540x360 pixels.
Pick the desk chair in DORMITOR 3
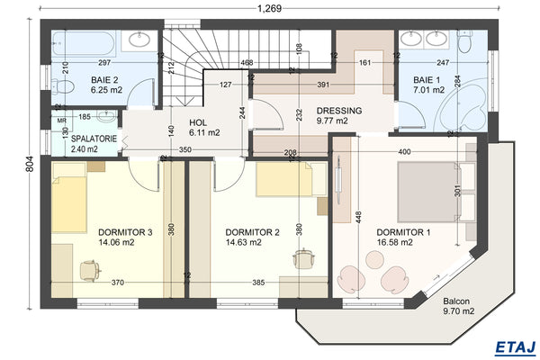[88, 269]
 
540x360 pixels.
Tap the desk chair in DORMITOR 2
[303, 257]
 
